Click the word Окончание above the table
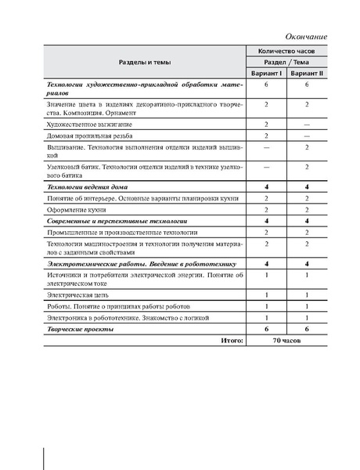306,36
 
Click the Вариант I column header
267,73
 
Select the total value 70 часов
287,342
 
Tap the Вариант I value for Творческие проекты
267,330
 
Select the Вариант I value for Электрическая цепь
267,295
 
